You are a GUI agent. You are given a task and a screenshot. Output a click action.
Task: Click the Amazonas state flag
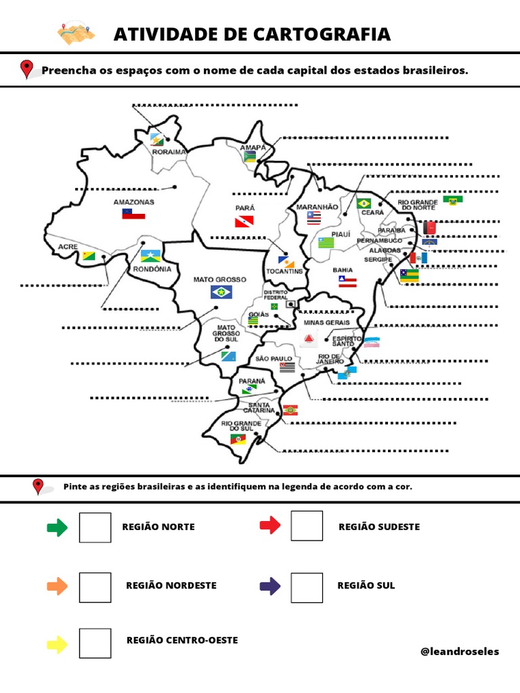click(133, 214)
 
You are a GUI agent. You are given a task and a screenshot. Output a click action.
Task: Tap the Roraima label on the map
click(169, 152)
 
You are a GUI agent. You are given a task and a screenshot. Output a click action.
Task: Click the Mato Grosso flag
click(219, 292)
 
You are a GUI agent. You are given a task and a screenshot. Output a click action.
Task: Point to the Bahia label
click(343, 270)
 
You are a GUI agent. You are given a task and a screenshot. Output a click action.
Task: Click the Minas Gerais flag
click(309, 338)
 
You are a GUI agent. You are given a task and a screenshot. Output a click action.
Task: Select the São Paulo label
click(274, 359)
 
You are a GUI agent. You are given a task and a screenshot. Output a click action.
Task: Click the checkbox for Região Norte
click(95, 527)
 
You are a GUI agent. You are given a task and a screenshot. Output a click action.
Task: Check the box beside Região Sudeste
click(307, 526)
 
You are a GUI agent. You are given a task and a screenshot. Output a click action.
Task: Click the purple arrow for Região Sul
click(270, 585)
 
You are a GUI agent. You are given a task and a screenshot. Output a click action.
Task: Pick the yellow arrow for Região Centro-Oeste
click(58, 644)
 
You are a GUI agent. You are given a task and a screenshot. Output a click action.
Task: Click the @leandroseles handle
click(460, 652)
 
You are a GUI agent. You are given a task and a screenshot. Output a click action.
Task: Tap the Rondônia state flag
click(149, 256)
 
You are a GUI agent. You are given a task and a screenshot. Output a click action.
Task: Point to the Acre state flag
click(89, 256)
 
